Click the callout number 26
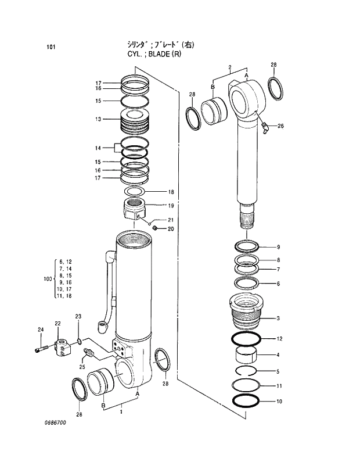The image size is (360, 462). [280, 126]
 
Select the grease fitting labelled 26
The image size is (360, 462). [264, 127]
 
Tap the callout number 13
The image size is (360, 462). [99, 119]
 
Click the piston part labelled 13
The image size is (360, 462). [135, 121]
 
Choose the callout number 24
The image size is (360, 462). [41, 330]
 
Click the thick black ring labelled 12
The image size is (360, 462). [247, 338]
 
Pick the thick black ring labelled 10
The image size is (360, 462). [247, 400]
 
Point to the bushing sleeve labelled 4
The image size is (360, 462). [247, 354]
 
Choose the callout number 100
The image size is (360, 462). [48, 279]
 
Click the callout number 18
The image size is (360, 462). [171, 192]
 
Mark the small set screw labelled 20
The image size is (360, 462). [156, 228]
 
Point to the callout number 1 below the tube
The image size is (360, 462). [121, 412]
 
